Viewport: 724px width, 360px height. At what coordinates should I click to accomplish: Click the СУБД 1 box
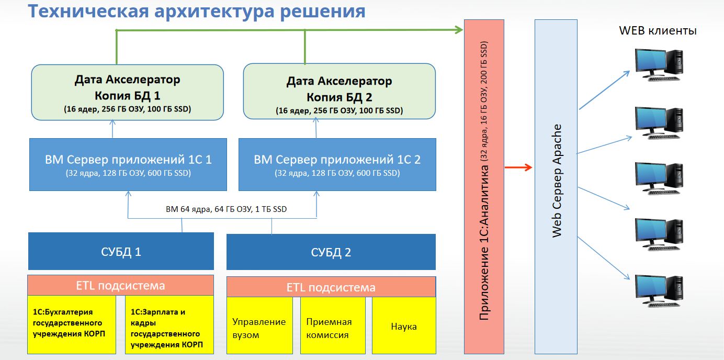(x=121, y=251)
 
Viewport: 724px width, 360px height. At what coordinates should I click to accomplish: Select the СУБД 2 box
(x=331, y=252)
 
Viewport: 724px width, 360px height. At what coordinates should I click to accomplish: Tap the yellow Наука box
(x=404, y=326)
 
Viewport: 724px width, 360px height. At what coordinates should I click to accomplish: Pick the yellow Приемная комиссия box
(x=329, y=328)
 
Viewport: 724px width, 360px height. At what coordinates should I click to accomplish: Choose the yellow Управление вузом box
(x=259, y=328)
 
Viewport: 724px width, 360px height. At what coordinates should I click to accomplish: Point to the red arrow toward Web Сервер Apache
(x=518, y=167)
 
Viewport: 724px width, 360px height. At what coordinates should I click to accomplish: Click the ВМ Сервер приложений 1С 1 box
(x=128, y=164)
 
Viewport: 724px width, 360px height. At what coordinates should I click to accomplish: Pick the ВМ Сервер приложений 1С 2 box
(x=337, y=164)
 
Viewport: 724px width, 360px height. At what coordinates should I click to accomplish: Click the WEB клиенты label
(x=658, y=30)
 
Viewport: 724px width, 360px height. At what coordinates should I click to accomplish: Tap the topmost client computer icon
(x=659, y=64)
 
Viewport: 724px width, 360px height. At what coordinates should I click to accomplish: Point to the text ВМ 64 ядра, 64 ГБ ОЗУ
(x=226, y=209)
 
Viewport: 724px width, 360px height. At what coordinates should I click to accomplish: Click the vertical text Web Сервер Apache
(x=557, y=181)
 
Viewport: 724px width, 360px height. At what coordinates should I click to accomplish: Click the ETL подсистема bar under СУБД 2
(x=331, y=287)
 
